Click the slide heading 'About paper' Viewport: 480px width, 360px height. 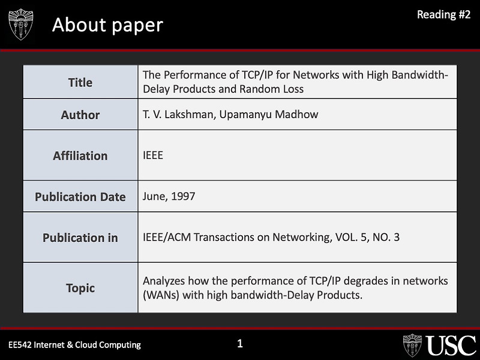pyautogui.click(x=107, y=25)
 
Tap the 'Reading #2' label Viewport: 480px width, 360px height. pyautogui.click(x=444, y=15)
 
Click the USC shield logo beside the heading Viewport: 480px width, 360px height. pyautogui.click(x=21, y=25)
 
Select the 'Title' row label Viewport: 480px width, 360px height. pyautogui.click(x=80, y=83)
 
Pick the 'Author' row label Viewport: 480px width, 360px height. pyautogui.click(x=80, y=115)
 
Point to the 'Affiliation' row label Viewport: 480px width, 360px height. pyautogui.click(x=80, y=156)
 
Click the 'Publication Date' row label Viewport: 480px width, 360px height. pyautogui.click(x=80, y=197)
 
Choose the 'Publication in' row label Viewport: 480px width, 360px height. pyautogui.click(x=80, y=238)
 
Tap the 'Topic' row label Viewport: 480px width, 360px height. pyautogui.click(x=80, y=288)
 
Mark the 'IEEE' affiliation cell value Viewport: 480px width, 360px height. pyautogui.click(x=153, y=155)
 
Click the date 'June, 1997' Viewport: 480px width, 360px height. pyautogui.click(x=169, y=196)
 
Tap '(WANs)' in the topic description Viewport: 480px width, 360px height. pyautogui.click(x=161, y=295)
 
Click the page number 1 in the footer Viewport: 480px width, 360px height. pyautogui.click(x=240, y=344)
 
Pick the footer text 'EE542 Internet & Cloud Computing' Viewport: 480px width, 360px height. pyautogui.click(x=74, y=344)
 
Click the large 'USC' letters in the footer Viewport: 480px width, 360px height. pyautogui.click(x=452, y=346)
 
